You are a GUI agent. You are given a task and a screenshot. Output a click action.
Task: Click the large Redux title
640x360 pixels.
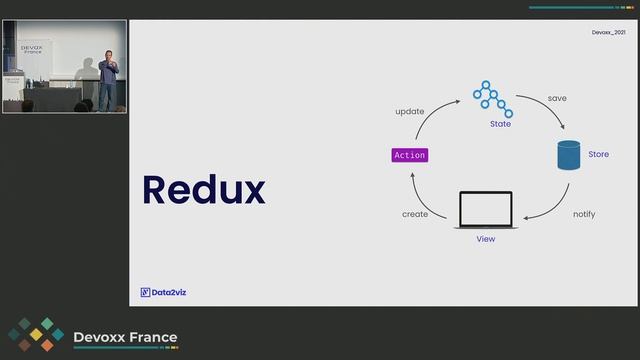click(x=204, y=190)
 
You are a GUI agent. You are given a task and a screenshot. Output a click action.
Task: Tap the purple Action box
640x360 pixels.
click(x=410, y=155)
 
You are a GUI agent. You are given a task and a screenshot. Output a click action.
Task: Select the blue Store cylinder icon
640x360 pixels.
click(x=569, y=155)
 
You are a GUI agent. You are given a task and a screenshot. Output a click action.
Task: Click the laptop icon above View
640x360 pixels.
click(x=486, y=210)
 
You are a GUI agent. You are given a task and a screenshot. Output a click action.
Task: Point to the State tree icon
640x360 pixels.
click(x=493, y=99)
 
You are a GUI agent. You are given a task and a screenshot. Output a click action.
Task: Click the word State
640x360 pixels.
click(x=500, y=124)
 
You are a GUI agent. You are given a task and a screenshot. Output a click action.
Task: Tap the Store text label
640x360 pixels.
click(x=598, y=154)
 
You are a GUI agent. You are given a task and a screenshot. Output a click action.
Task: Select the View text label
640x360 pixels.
click(x=486, y=239)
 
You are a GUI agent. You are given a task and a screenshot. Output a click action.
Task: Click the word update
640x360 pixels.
click(x=409, y=111)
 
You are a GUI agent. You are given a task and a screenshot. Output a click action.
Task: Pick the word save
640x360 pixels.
click(x=557, y=98)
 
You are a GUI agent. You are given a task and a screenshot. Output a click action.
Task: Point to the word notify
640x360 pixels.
click(x=584, y=214)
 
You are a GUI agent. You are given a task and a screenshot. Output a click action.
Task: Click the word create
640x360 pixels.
click(x=415, y=214)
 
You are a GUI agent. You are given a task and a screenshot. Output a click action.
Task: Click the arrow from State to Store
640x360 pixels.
click(x=546, y=105)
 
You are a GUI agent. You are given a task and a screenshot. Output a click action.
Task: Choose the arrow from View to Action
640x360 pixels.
click(x=422, y=202)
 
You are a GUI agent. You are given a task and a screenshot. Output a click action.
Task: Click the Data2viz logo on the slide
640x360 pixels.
click(x=163, y=292)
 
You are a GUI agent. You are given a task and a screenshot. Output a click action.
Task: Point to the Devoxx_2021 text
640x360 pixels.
click(x=609, y=32)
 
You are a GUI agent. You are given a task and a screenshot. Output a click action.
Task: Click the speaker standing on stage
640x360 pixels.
click(x=108, y=80)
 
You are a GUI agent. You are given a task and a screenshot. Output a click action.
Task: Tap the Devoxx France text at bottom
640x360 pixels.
click(x=125, y=337)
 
